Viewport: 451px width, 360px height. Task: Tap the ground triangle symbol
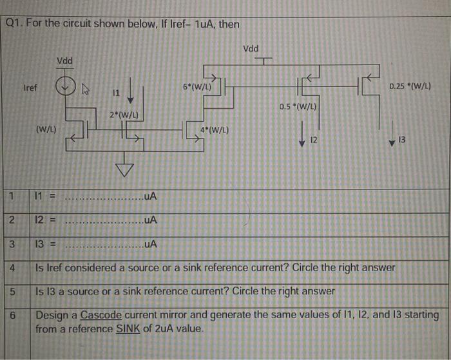(122, 169)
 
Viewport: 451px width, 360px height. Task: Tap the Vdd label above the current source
(64, 61)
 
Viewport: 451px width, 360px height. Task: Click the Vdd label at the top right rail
(251, 49)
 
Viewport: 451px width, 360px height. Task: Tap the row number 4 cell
(12, 267)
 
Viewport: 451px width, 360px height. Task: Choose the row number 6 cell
(12, 316)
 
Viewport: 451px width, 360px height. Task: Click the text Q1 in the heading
(14, 24)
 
